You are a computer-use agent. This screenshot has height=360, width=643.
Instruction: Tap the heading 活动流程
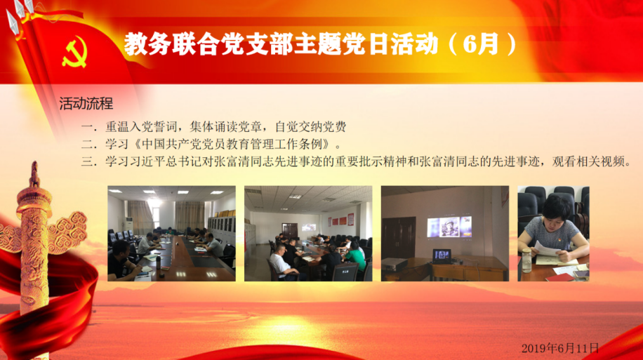click(86, 104)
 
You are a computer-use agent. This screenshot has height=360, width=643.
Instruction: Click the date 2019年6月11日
click(560, 348)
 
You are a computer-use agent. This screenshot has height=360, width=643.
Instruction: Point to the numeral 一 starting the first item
click(87, 126)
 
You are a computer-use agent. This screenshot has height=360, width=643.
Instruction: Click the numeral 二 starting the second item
click(87, 144)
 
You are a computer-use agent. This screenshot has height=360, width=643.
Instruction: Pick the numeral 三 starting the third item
click(87, 161)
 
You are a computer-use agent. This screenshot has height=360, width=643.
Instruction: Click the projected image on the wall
click(449, 227)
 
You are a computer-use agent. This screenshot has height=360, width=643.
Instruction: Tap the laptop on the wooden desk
click(442, 257)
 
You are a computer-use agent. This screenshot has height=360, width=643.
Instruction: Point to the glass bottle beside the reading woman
click(526, 260)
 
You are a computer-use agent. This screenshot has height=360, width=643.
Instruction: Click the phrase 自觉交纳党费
click(310, 126)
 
